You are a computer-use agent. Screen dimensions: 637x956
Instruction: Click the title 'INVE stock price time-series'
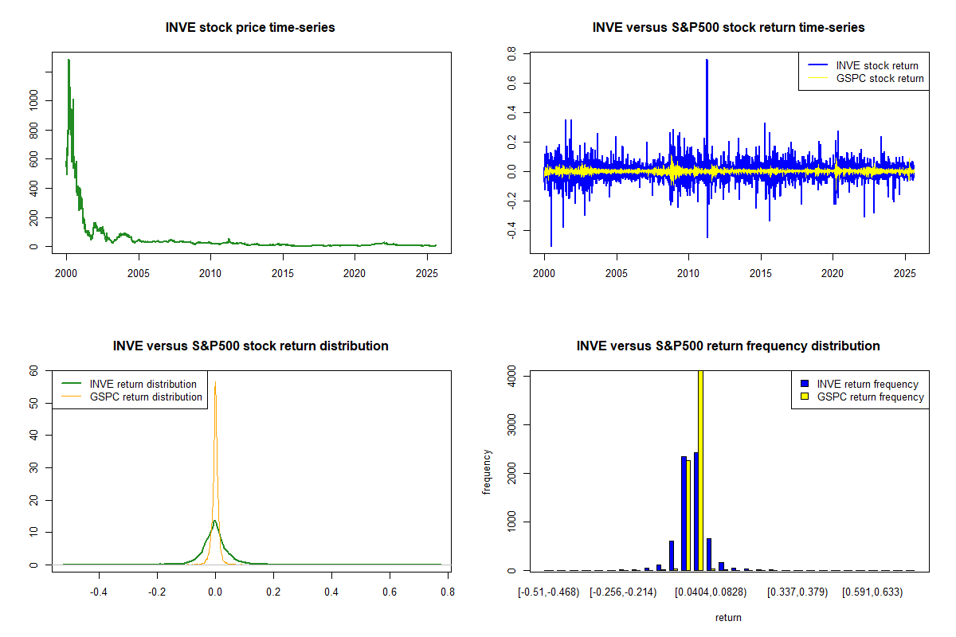click(x=250, y=28)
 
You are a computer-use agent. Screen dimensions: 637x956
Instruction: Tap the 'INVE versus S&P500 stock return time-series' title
click(x=728, y=28)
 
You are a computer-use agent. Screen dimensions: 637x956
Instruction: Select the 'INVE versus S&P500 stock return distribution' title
click(x=250, y=346)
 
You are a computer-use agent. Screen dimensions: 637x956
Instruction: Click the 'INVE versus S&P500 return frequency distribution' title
click(x=728, y=346)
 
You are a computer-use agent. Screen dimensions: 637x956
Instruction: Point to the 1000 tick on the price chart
click(x=33, y=102)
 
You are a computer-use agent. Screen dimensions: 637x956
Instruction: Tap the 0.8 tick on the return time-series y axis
click(x=511, y=53)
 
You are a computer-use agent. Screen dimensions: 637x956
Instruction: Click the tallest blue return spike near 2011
click(x=707, y=61)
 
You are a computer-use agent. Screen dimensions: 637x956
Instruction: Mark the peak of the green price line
click(x=69, y=60)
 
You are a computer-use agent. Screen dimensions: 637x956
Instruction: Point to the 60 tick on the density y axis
click(x=33, y=370)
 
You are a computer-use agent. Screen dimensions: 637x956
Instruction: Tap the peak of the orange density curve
click(x=215, y=381)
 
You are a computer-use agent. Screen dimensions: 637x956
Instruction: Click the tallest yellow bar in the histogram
click(x=700, y=470)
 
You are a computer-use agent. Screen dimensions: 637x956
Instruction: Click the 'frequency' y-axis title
click(x=487, y=471)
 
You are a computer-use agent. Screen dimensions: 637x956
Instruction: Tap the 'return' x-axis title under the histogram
click(x=728, y=616)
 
